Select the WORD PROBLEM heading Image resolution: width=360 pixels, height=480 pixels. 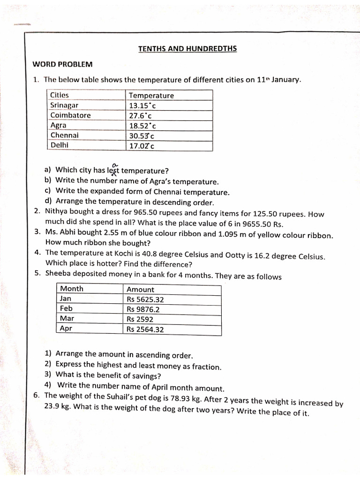(x=62, y=64)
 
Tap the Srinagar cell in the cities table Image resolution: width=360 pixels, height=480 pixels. (x=64, y=105)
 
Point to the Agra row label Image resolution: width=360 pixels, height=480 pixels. (x=59, y=125)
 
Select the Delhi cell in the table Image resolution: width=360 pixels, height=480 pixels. (x=59, y=145)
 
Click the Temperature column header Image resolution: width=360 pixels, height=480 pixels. (x=151, y=95)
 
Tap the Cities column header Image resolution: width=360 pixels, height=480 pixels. (x=60, y=95)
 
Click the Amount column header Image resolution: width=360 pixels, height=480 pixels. (x=140, y=289)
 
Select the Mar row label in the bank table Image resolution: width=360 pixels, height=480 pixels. (x=67, y=319)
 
